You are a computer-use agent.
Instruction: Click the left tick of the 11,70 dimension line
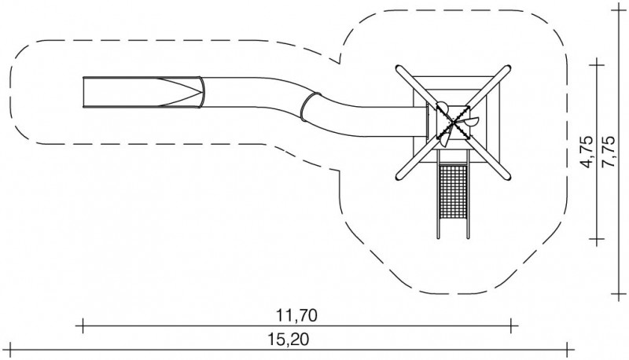(x=83, y=323)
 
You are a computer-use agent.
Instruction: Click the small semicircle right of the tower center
(x=471, y=121)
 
